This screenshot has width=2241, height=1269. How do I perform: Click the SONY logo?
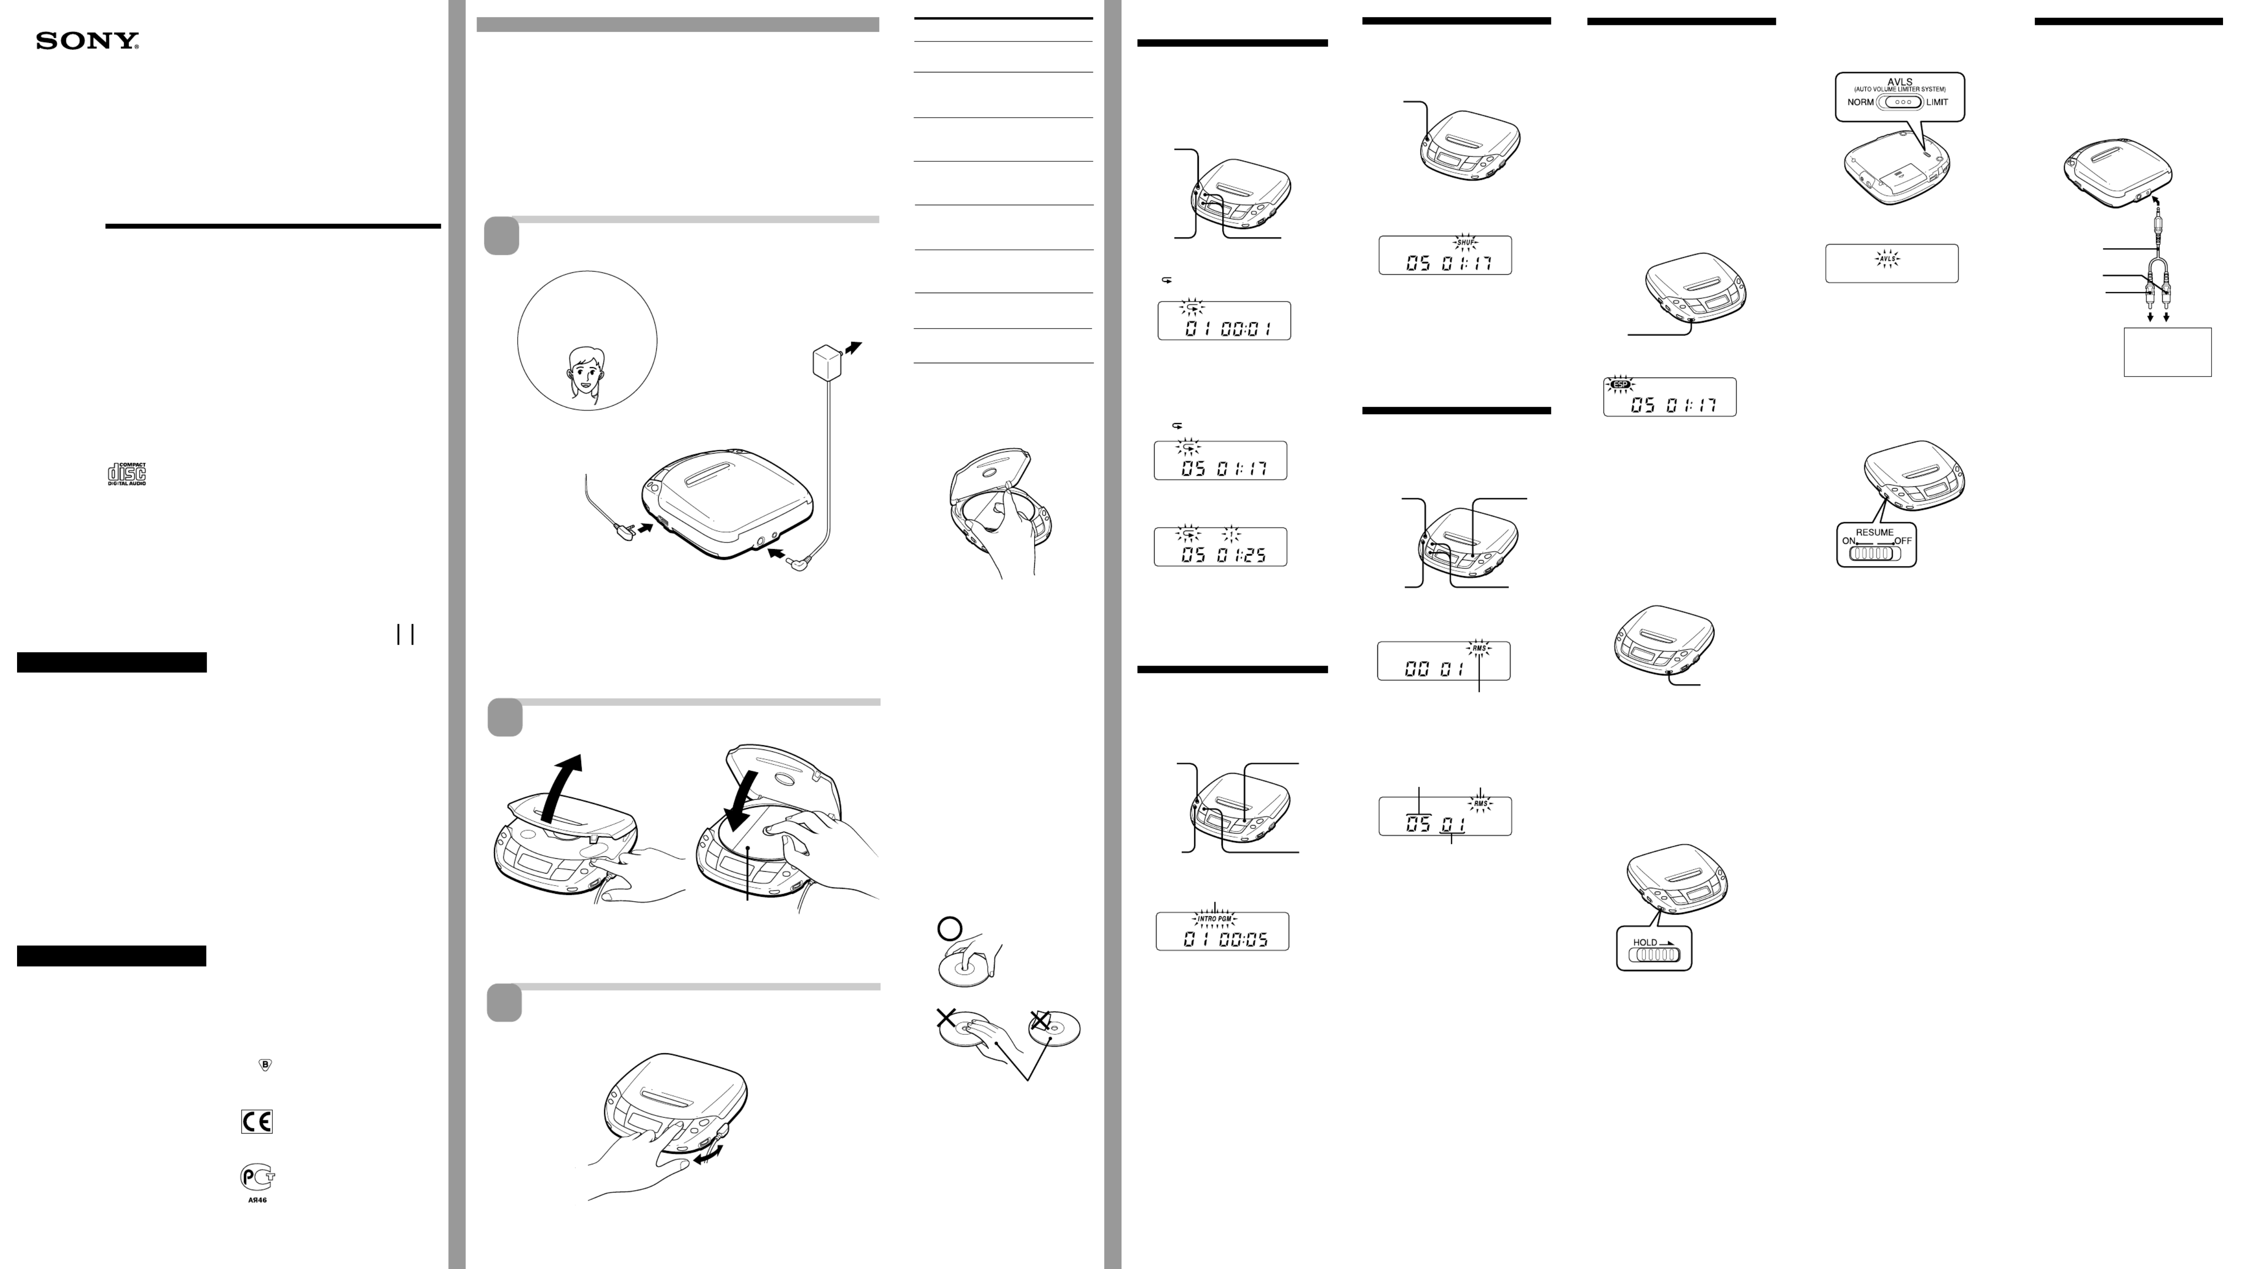tap(87, 41)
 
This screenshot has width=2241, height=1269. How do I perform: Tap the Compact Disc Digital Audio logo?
tap(126, 474)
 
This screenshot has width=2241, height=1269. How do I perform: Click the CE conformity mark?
tap(257, 1121)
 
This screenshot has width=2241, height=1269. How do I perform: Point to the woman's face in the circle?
tap(584, 372)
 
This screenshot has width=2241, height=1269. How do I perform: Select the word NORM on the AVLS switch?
tap(1860, 102)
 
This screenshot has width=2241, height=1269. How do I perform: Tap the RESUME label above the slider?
tap(1874, 532)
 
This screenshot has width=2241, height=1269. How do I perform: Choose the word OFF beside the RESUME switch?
tap(1903, 541)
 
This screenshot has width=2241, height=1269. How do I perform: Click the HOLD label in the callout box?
tap(1645, 942)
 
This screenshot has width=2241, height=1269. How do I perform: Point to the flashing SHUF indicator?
tap(1466, 242)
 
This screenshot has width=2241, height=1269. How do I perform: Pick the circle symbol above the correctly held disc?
tap(949, 929)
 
